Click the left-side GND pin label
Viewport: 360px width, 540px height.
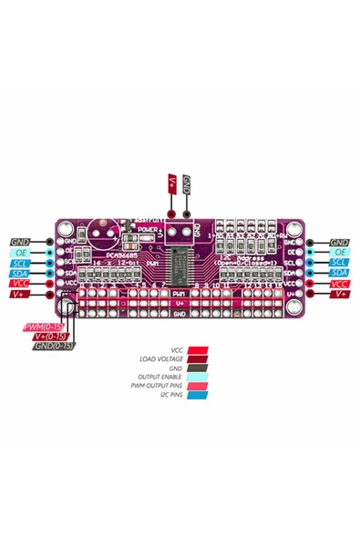[20, 242]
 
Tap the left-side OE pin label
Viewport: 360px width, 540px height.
[20, 252]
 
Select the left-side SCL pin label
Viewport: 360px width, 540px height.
[20, 263]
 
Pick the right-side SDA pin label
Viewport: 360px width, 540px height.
[339, 273]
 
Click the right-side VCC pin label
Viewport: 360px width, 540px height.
[339, 284]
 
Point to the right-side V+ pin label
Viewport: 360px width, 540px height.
[339, 294]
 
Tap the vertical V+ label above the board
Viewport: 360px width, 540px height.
[172, 183]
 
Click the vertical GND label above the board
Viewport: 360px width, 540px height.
[187, 183]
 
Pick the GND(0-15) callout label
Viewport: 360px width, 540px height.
[54, 346]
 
